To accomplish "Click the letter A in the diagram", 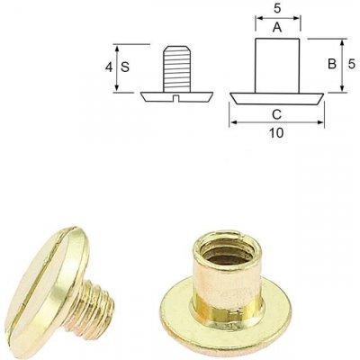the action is click(x=277, y=28).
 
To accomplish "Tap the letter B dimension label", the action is click(x=332, y=64).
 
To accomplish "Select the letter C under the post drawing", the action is click(x=276, y=114).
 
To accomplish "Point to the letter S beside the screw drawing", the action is click(x=125, y=67).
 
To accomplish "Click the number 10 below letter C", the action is click(x=276, y=133).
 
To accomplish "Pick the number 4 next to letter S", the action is click(x=109, y=67).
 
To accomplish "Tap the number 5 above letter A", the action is click(x=277, y=9).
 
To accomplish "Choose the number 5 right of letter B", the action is click(x=352, y=64).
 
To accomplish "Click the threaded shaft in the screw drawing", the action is click(x=177, y=68).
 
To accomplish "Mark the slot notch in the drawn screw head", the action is click(x=177, y=98).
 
